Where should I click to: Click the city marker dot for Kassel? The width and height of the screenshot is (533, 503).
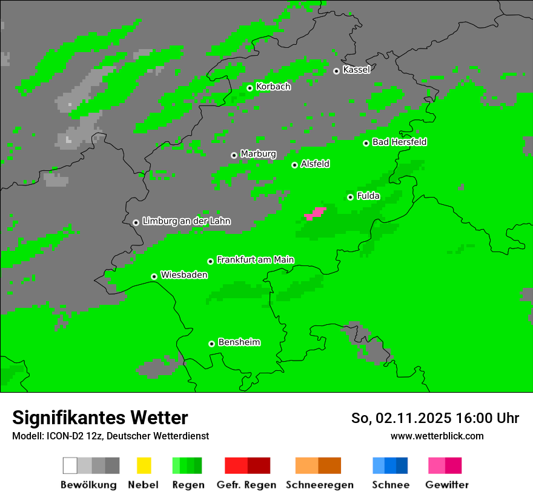(337, 71)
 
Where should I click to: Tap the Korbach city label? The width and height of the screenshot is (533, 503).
(273, 87)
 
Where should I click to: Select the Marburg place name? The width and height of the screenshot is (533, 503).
(258, 154)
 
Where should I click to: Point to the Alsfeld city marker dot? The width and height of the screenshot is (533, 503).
(294, 165)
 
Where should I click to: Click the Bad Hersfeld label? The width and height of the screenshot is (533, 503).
(399, 142)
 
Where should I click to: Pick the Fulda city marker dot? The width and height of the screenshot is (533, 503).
(350, 197)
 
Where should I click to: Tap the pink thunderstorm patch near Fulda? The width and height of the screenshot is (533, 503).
(316, 213)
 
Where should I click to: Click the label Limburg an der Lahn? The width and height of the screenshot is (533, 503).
(186, 221)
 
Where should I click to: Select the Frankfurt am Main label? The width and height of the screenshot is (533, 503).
(255, 260)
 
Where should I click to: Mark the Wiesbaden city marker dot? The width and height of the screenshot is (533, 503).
(154, 276)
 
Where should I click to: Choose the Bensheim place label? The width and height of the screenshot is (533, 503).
(239, 342)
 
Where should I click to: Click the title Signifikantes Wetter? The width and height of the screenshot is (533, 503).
(100, 418)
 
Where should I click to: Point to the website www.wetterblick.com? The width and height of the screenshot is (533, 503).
(437, 436)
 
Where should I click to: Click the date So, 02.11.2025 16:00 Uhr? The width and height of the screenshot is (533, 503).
(435, 418)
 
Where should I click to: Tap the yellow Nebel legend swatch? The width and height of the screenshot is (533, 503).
(144, 465)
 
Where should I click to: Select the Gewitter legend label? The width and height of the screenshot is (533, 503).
(447, 485)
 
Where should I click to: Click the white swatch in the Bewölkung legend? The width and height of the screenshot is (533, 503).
(70, 465)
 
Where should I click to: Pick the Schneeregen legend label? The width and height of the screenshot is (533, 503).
(319, 485)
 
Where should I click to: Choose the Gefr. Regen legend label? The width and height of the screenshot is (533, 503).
(247, 485)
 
